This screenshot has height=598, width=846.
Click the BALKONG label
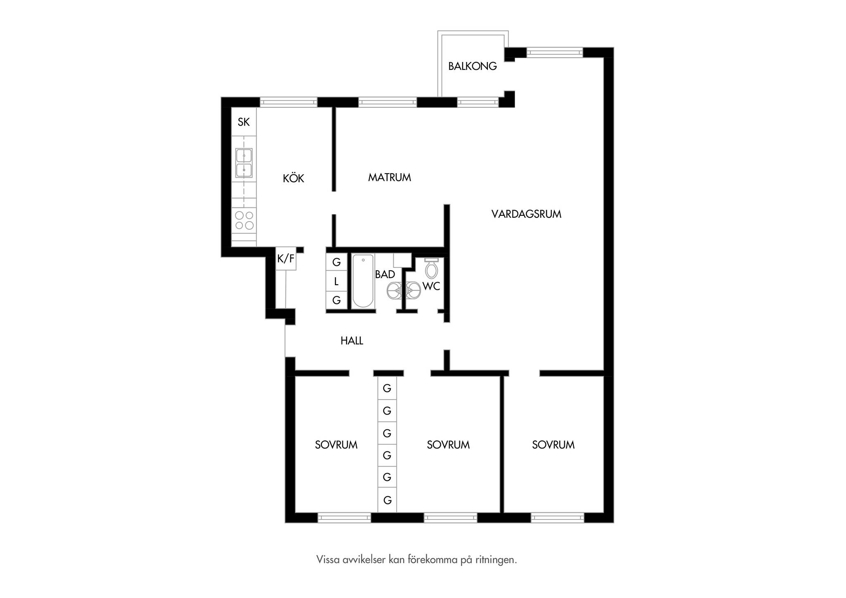(473, 66)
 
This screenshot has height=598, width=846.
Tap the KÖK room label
(293, 178)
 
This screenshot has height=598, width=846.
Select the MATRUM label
(390, 177)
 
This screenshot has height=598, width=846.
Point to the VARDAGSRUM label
(526, 214)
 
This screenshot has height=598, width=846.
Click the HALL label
(352, 341)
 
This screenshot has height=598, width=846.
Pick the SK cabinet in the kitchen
(244, 122)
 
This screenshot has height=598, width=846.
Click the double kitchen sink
(244, 163)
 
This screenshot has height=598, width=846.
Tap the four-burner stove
(244, 220)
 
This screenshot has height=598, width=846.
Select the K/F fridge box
(286, 259)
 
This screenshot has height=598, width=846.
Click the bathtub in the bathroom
(363, 281)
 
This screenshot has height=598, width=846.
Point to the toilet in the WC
(431, 268)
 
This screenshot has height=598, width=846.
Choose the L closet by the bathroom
(336, 281)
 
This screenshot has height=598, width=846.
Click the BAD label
(385, 274)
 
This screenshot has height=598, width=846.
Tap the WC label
(431, 286)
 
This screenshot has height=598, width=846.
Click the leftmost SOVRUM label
(336, 445)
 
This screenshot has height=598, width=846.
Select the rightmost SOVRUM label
(553, 445)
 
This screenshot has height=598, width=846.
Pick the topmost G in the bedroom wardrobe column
(387, 388)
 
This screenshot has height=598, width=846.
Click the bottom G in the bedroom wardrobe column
(387, 500)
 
